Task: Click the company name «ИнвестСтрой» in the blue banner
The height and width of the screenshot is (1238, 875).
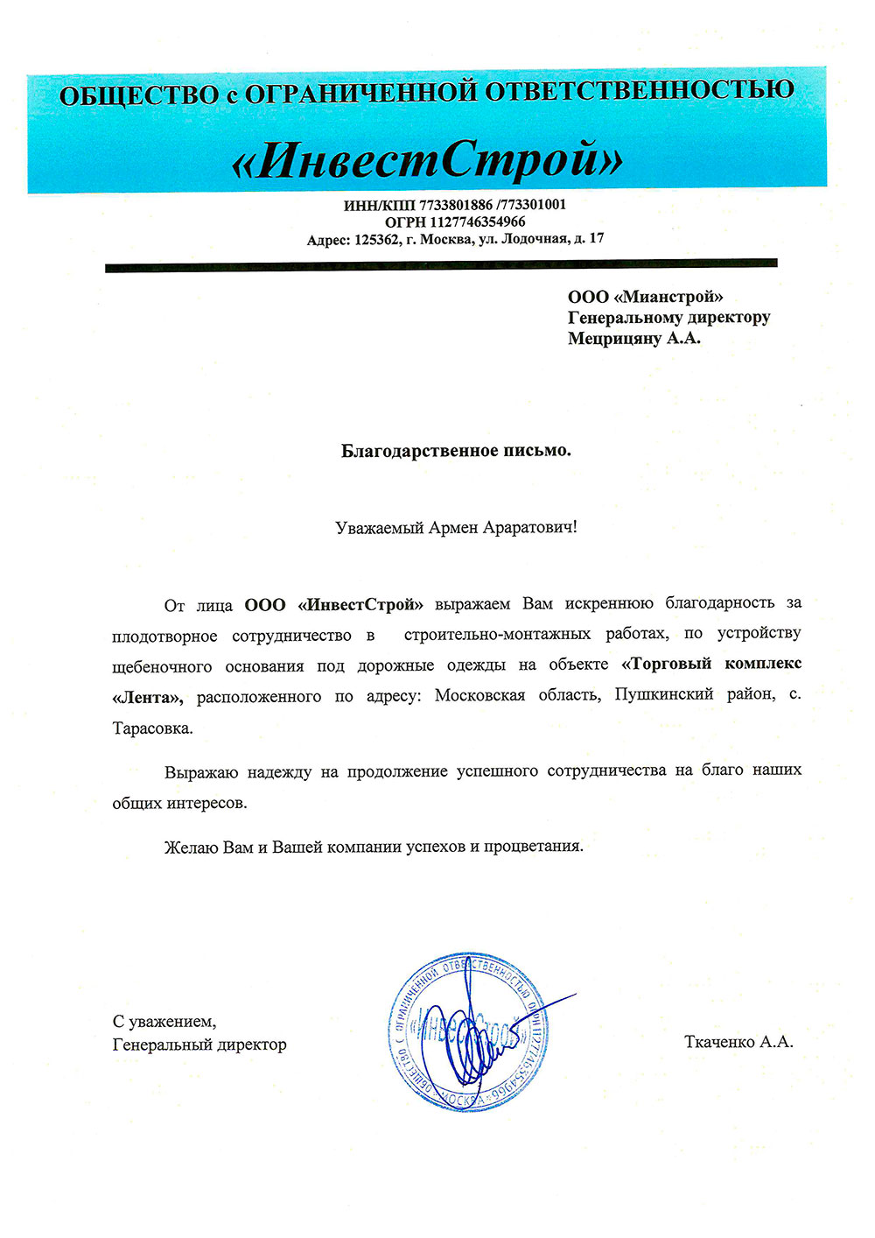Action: coord(428,158)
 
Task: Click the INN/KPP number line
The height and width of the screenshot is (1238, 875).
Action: coord(455,204)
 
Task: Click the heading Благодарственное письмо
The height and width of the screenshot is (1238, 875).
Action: coord(455,451)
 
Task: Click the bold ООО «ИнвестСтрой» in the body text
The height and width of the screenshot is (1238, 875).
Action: coord(334,604)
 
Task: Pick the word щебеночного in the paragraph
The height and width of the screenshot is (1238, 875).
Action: coord(162,666)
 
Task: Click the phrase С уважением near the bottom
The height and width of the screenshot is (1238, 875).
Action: coord(164,1021)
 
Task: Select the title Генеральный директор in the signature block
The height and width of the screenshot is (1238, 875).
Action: coord(199,1044)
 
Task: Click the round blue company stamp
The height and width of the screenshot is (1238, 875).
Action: coord(466,1033)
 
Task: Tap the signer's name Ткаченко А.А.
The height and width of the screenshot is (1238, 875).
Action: coord(738,1041)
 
